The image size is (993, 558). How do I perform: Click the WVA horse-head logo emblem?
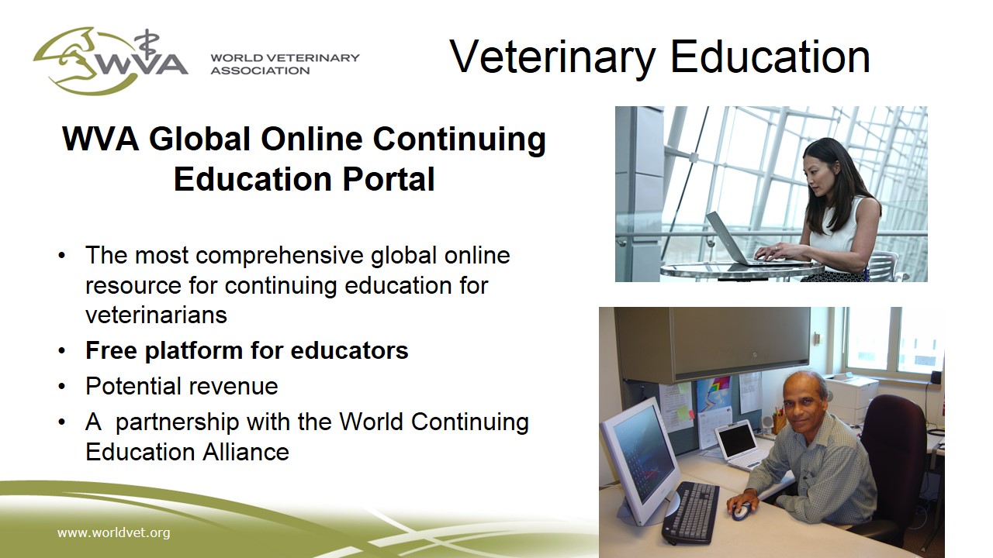point(111,60)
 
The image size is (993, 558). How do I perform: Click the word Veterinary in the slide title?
point(552,58)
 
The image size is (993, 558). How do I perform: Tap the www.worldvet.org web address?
point(113,532)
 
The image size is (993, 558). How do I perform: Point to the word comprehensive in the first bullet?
point(280,256)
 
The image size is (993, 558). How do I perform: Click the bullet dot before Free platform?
point(61,351)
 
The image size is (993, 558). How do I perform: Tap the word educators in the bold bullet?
point(349,350)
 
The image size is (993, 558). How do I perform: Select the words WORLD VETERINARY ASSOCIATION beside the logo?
point(285,64)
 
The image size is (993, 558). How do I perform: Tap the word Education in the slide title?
point(770,57)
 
